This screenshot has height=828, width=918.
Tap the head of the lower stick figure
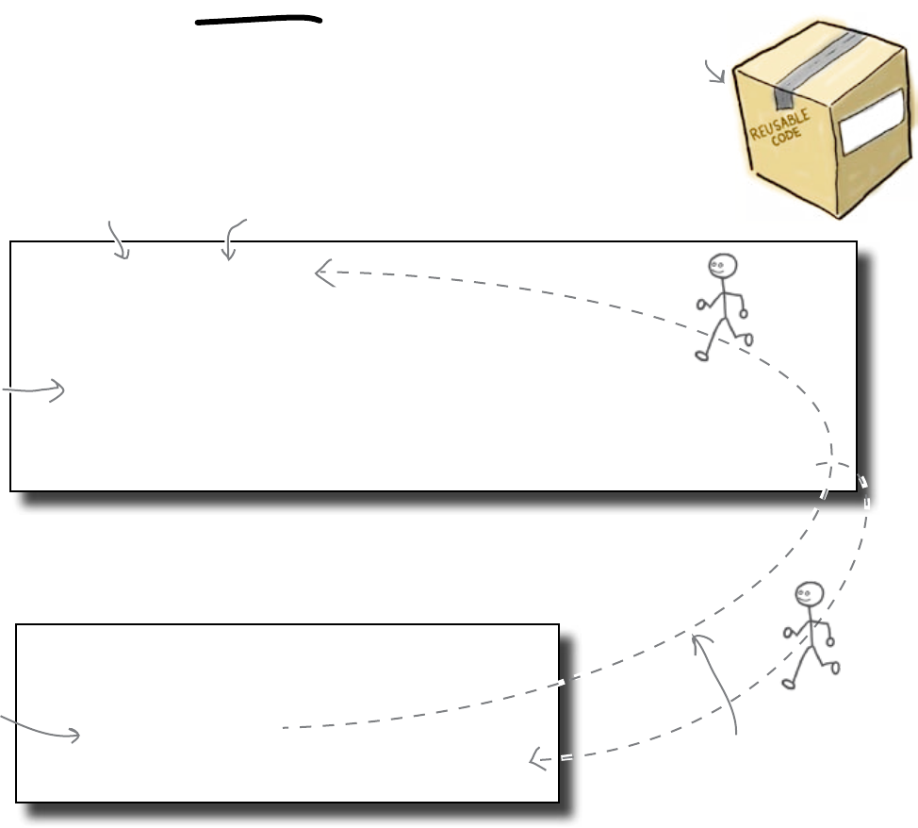(x=809, y=595)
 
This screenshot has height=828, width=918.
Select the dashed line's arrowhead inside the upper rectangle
(x=322, y=273)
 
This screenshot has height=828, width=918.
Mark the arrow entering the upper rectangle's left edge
(x=38, y=389)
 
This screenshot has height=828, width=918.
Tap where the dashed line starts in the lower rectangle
(x=283, y=728)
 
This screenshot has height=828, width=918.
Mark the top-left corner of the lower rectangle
(x=17, y=624)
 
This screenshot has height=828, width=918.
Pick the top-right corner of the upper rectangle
(x=856, y=242)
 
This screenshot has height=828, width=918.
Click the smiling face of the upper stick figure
(x=723, y=267)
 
